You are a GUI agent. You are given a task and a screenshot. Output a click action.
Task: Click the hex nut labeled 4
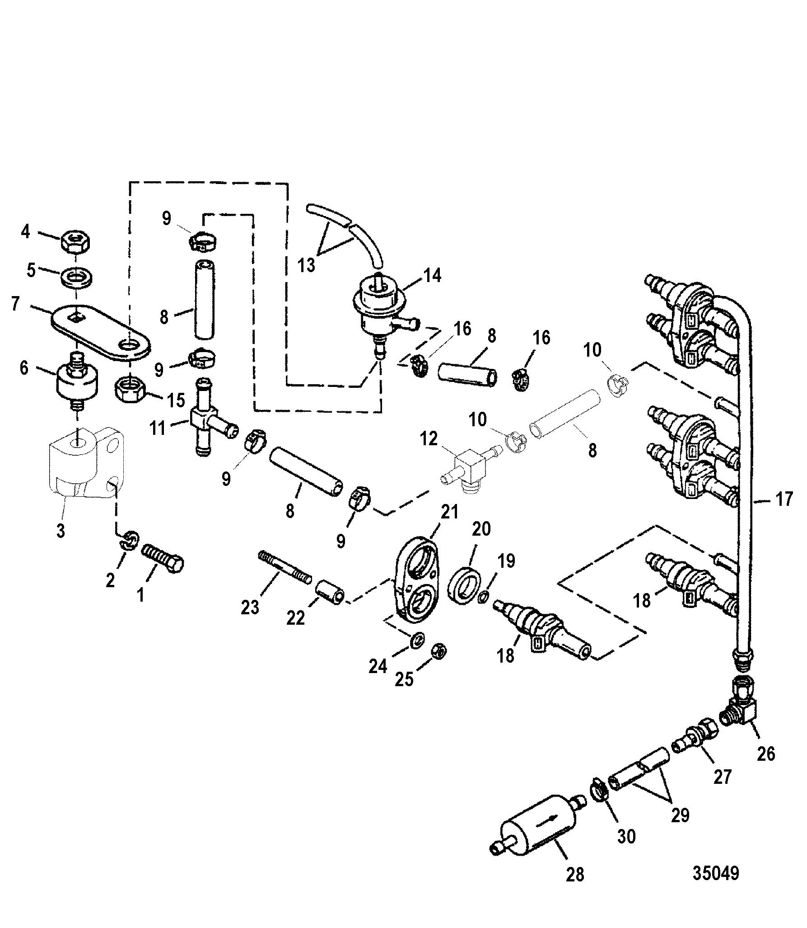75,243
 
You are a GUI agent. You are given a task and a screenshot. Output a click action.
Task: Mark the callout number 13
307,265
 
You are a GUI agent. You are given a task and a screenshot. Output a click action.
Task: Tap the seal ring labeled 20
463,587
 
